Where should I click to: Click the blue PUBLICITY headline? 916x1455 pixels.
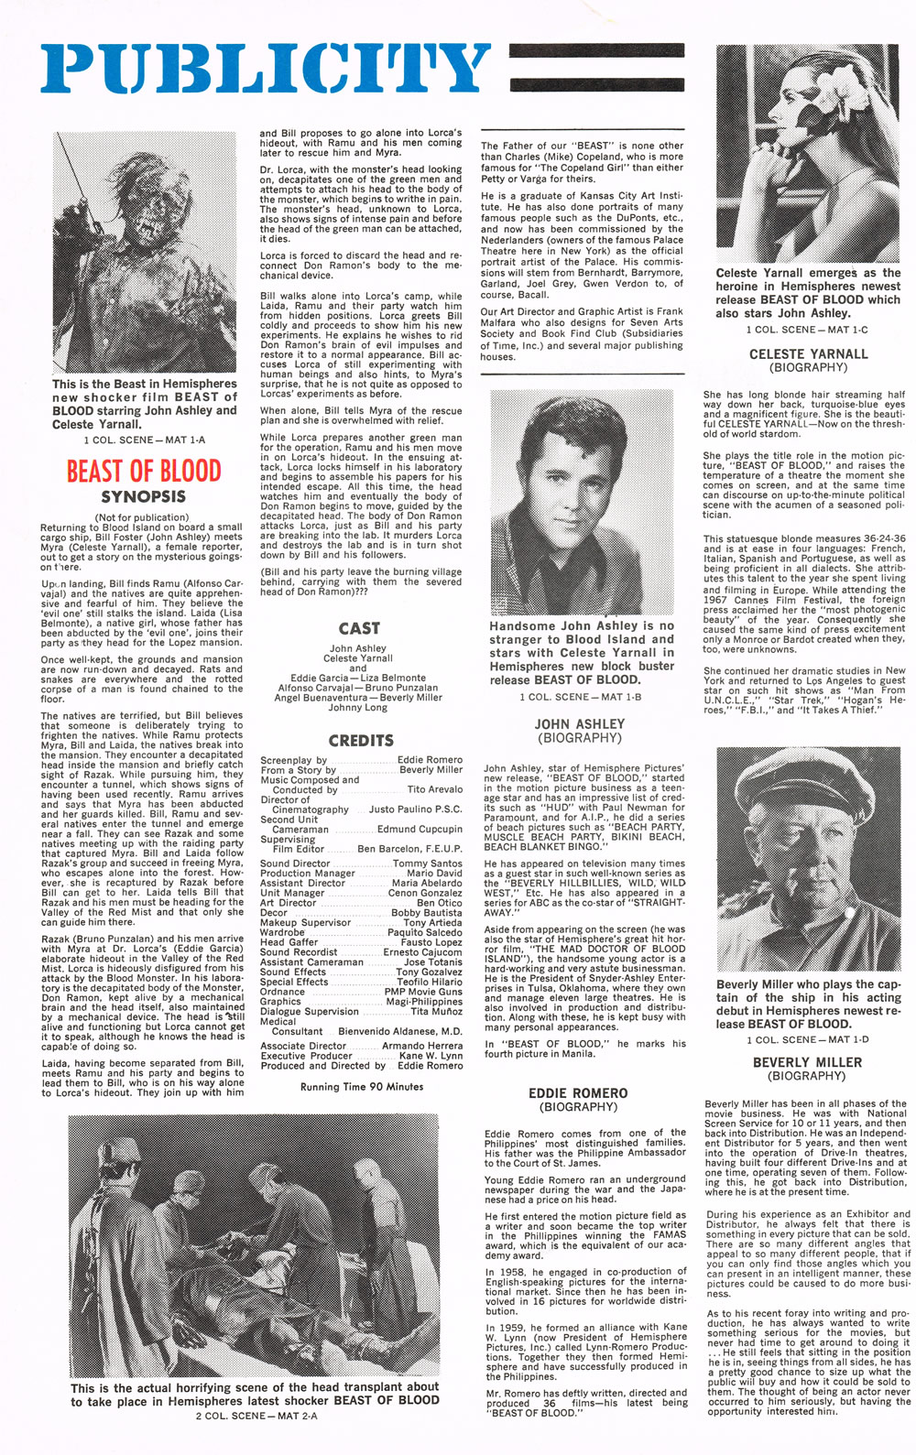click(266, 68)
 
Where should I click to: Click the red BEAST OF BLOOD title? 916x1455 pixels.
click(144, 472)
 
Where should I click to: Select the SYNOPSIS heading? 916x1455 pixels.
click(143, 497)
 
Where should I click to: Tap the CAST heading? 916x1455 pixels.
click(358, 628)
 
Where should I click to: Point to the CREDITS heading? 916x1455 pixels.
click(361, 740)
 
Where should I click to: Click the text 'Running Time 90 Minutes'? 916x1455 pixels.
click(362, 1087)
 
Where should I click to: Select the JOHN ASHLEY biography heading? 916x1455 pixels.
click(579, 723)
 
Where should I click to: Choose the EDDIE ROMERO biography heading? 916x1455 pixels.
click(578, 1093)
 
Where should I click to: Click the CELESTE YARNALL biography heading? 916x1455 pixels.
click(808, 353)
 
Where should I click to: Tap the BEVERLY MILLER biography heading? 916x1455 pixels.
click(807, 1062)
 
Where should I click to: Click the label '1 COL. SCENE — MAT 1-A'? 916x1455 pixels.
click(144, 440)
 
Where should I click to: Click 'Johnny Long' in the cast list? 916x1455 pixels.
click(358, 707)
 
